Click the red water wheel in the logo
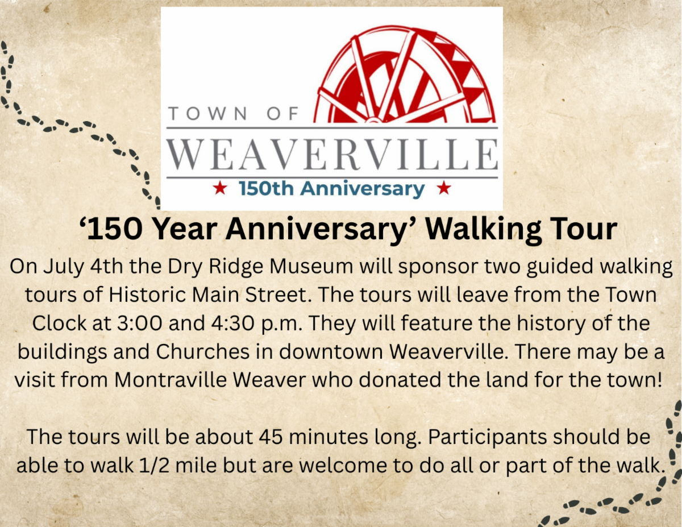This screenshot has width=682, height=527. pyautogui.click(x=405, y=76)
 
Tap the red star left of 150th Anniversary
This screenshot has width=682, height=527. pyautogui.click(x=220, y=188)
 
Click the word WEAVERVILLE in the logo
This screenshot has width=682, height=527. pyautogui.click(x=332, y=153)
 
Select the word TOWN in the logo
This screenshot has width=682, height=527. pyautogui.click(x=208, y=113)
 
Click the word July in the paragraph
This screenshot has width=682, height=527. pyautogui.click(x=64, y=267)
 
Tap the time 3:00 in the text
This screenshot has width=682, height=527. pyautogui.click(x=140, y=323)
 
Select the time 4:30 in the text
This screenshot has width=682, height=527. pyautogui.click(x=233, y=323)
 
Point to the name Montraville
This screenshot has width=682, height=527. pyautogui.click(x=170, y=380)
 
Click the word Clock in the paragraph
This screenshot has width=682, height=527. pyautogui.click(x=59, y=323)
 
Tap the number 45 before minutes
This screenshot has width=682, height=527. pyautogui.click(x=271, y=438)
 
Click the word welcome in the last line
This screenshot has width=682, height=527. pyautogui.click(x=343, y=466)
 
